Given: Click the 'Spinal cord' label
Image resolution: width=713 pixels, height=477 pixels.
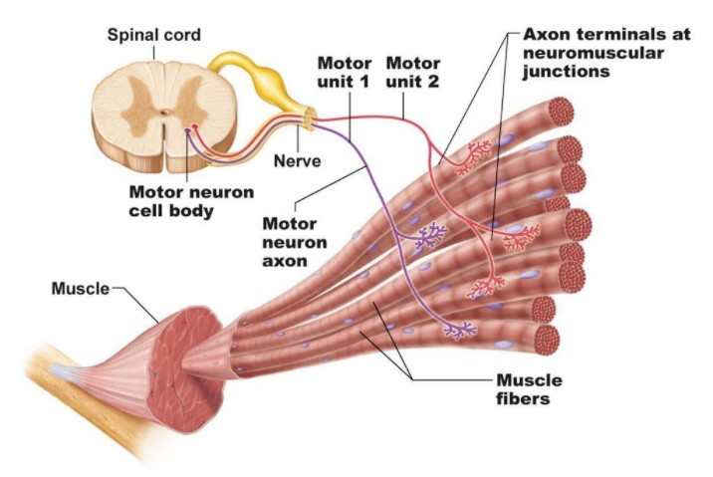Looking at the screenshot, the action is (x=153, y=36).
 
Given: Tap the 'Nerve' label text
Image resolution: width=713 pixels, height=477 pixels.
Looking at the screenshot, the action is (x=297, y=160).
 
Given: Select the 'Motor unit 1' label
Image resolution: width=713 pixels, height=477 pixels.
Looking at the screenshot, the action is (x=344, y=72).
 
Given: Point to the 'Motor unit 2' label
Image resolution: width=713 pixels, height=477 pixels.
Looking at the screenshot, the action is (x=413, y=72).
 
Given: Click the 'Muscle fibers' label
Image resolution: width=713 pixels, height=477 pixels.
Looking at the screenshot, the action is (x=529, y=389).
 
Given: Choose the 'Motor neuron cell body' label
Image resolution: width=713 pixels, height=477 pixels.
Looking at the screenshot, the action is (x=191, y=201).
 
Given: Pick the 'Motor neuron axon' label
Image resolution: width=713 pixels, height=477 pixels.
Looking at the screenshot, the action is (x=295, y=242).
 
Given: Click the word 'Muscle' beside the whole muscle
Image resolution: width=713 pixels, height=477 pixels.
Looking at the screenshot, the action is (x=81, y=289).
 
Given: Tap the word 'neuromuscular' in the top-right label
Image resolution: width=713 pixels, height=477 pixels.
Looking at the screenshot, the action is (x=593, y=53).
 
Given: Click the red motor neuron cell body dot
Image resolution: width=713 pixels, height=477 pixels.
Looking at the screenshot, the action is (x=195, y=126).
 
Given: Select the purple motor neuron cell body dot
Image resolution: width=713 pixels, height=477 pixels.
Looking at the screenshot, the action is (x=187, y=131).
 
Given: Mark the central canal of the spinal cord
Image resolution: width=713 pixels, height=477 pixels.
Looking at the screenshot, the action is (x=165, y=112).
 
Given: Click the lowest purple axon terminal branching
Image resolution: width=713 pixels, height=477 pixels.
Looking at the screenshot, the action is (x=460, y=330).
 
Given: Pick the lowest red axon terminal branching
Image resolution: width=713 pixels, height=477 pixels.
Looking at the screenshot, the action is (x=486, y=287).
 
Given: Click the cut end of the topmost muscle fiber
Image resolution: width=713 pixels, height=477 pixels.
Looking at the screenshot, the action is (x=561, y=112).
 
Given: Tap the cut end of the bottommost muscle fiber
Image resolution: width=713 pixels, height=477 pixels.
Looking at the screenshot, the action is (x=546, y=340).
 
